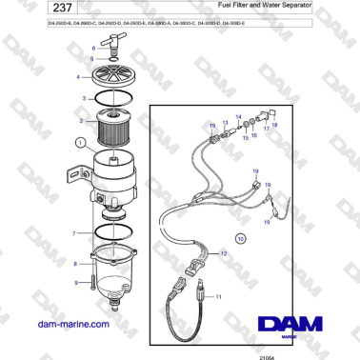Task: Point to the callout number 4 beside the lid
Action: click(x=79, y=75)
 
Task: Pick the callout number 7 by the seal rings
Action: click(x=77, y=233)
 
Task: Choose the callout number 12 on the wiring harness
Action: click(x=223, y=254)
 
